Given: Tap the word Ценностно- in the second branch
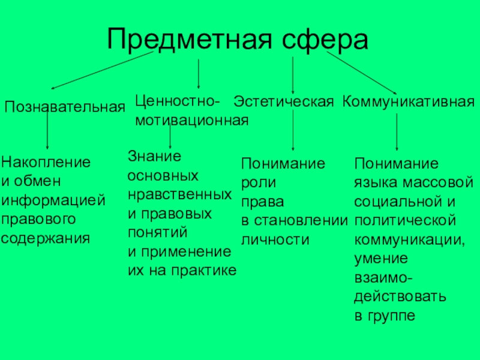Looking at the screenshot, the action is tap(177, 98).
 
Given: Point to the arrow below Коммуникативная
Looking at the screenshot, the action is tap(397, 132).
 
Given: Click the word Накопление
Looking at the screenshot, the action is tap(46, 162).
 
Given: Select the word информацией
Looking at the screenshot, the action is tap(53, 200).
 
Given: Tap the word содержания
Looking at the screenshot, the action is tap(46, 238).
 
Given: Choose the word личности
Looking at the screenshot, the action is tap(275, 239).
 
